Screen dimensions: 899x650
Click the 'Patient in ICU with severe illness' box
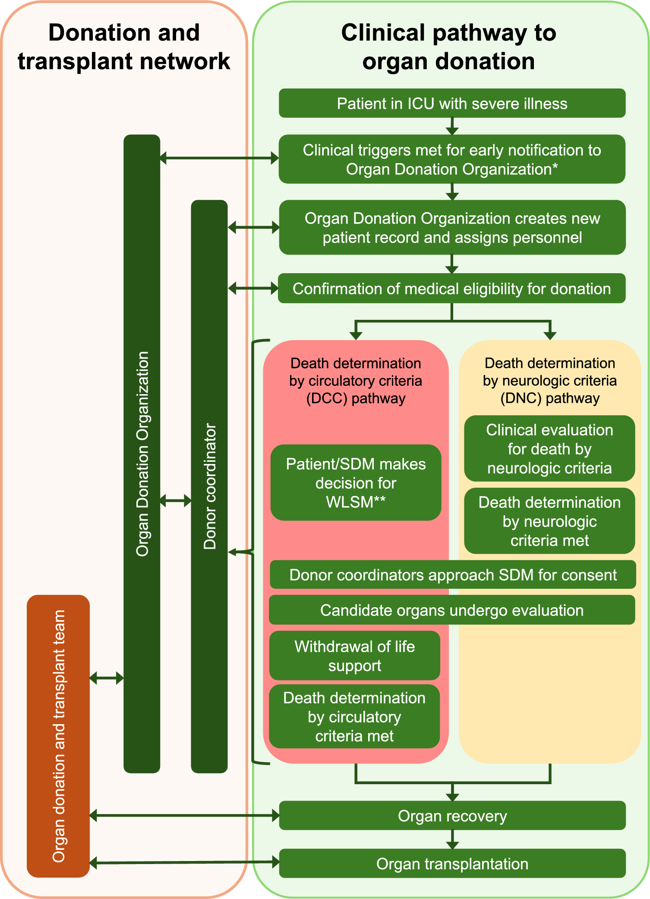(452, 104)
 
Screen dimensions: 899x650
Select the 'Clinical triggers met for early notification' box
(452, 159)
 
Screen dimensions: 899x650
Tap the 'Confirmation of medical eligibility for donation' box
(452, 288)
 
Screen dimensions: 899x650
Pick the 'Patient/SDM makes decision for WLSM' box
(356, 483)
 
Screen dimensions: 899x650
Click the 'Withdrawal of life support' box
(355, 656)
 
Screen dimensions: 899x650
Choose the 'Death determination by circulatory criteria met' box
(354, 716)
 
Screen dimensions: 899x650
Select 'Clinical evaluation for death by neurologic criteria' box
(549, 449)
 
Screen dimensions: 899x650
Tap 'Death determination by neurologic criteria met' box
(549, 521)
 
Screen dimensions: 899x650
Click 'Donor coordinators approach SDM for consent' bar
(453, 575)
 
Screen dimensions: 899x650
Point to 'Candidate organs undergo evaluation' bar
(452, 610)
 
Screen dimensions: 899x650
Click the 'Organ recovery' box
(452, 816)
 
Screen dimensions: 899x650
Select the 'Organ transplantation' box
(452, 864)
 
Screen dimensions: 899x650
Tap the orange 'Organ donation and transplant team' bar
(58, 736)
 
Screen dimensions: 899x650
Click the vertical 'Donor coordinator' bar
(209, 486)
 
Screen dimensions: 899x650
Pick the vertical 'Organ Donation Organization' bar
(142, 453)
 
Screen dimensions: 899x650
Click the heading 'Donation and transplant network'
(124, 47)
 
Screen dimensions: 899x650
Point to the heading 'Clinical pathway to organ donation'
(449, 47)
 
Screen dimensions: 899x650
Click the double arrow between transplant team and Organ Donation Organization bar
(107, 678)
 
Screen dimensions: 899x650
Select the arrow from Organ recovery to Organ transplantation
(452, 839)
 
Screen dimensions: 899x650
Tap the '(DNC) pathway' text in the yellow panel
(550, 398)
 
